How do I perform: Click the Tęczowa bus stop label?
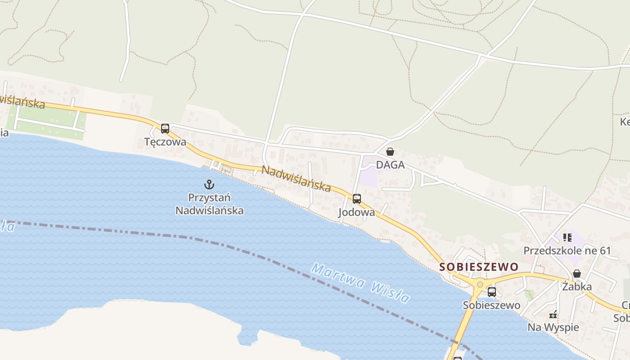coord(165,142)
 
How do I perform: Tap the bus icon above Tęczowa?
coord(165,129)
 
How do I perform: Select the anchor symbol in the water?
coord(209,184)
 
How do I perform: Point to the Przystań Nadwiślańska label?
coord(209,204)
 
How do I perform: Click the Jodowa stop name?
coord(356,212)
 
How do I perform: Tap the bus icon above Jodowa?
coord(357,198)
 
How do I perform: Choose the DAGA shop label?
coord(390,165)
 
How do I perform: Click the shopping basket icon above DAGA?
coord(390,152)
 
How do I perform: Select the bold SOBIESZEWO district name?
coord(479,267)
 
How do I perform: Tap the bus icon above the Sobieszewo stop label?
coord(492,292)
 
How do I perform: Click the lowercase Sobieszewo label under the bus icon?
coord(491,305)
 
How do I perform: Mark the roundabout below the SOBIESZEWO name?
coord(480,284)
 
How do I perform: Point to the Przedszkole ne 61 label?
coord(567,250)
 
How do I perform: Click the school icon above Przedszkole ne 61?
coord(567,237)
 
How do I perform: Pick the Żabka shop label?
coord(577,287)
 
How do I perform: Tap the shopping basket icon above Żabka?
coord(577,274)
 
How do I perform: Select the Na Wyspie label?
coord(553,327)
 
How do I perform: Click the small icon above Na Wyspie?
coord(553,315)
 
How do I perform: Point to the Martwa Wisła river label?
coord(360,283)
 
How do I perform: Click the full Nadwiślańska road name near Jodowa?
coord(296,178)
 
